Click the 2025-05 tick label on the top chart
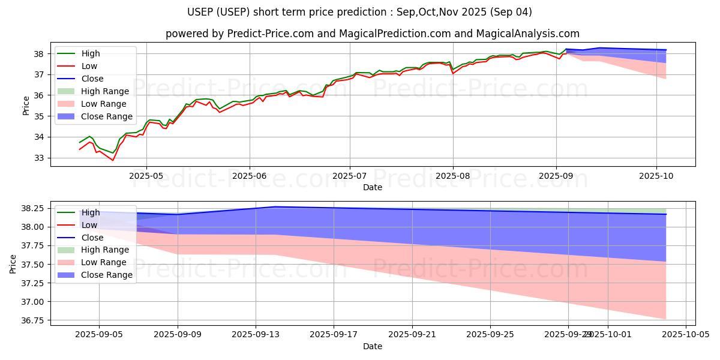(146, 176)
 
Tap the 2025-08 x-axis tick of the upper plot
(453, 176)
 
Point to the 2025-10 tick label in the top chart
(656, 176)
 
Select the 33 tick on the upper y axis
(38, 158)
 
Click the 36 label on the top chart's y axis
(38, 95)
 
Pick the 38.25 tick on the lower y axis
(32, 208)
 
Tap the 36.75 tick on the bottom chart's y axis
(32, 321)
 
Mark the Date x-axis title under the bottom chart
(373, 346)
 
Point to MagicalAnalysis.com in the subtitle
(528, 34)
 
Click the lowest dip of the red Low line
(112, 160)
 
